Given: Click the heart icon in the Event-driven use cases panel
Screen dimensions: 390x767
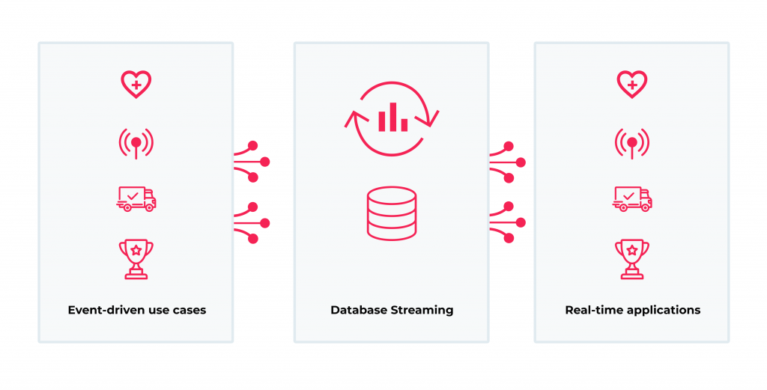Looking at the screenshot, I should pyautogui.click(x=136, y=84).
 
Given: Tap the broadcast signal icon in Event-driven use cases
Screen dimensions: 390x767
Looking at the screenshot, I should pyautogui.click(x=136, y=141).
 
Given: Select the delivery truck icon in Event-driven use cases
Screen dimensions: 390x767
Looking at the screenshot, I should pyautogui.click(x=136, y=198).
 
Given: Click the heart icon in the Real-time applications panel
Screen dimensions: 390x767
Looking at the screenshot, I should pyautogui.click(x=631, y=84).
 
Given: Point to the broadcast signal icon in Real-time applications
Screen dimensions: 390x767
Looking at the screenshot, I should pyautogui.click(x=631, y=141).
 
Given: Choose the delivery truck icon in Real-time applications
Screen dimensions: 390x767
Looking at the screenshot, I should pyautogui.click(x=632, y=198).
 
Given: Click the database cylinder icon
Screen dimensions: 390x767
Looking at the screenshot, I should pyautogui.click(x=391, y=213).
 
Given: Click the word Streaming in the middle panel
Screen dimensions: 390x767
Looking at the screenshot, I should pyautogui.click(x=422, y=310).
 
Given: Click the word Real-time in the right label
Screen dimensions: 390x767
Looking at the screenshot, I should pyautogui.click(x=589, y=310).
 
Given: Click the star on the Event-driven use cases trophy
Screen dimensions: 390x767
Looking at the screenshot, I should pyautogui.click(x=136, y=250).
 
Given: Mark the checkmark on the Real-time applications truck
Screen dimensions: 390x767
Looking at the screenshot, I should pyautogui.click(x=628, y=196).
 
